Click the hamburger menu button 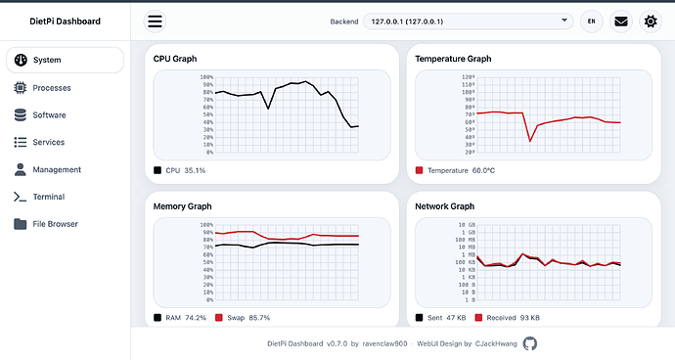coord(155,22)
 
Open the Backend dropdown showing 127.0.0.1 coord(468,22)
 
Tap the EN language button coord(592,22)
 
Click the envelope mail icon coord(621,22)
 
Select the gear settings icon coord(651,22)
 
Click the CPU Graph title coord(175,59)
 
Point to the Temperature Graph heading coord(453,59)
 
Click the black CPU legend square coord(157,170)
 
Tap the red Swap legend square coord(219,318)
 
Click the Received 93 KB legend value coord(514,318)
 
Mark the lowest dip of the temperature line coord(530,141)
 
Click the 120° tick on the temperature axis coord(468,77)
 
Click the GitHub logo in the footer coord(530,343)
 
